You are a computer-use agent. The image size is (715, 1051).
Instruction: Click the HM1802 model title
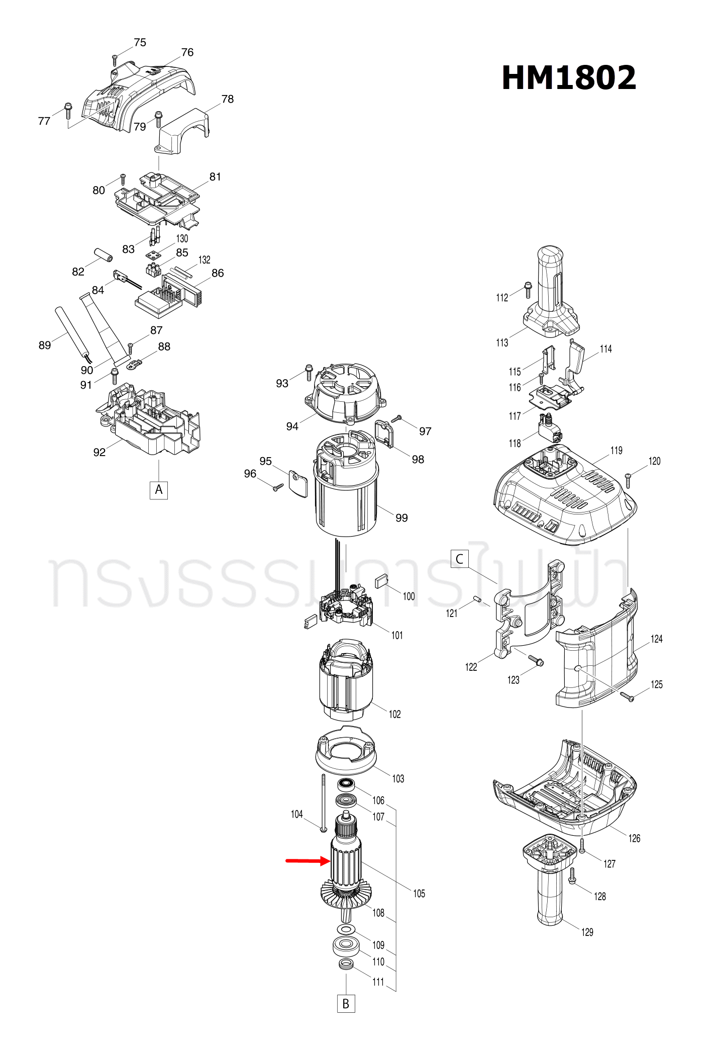pyautogui.click(x=568, y=78)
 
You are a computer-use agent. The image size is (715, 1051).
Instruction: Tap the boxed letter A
pyautogui.click(x=159, y=490)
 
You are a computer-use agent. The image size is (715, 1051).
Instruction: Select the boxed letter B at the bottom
pyautogui.click(x=346, y=1004)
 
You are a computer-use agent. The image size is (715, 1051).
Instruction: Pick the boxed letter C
pyautogui.click(x=459, y=559)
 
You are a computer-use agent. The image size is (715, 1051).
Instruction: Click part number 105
pyautogui.click(x=419, y=894)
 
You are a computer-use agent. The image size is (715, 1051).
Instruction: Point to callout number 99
pyautogui.click(x=401, y=518)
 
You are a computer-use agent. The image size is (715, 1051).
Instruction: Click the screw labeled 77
pyautogui.click(x=68, y=111)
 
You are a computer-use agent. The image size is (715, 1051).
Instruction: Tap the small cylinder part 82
pyautogui.click(x=104, y=255)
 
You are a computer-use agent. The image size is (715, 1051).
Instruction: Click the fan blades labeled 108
pyautogui.click(x=346, y=895)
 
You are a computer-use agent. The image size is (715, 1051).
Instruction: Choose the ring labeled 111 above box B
pyautogui.click(x=346, y=964)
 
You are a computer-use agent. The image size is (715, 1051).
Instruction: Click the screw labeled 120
pyautogui.click(x=628, y=480)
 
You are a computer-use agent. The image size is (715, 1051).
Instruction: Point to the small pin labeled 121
pyautogui.click(x=478, y=598)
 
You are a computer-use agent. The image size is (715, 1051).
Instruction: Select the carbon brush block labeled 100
pyautogui.click(x=382, y=581)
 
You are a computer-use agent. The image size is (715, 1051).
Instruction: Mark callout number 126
pyautogui.click(x=634, y=838)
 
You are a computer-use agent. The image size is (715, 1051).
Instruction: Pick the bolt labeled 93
pyautogui.click(x=309, y=373)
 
